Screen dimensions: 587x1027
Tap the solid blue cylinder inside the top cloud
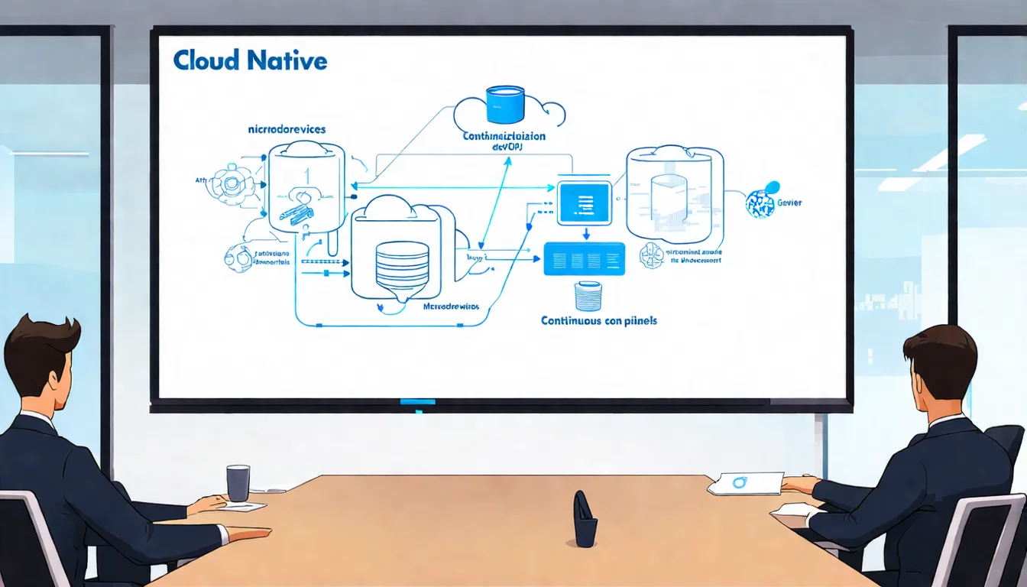tap(505, 105)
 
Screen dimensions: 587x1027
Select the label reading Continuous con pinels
tap(598, 321)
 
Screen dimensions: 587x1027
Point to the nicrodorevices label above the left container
tap(287, 129)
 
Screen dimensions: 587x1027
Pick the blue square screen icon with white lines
tap(584, 203)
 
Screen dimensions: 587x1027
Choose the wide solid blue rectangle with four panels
tap(584, 259)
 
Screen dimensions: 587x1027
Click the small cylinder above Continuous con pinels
tap(588, 296)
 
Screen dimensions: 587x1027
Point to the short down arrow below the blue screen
tap(585, 233)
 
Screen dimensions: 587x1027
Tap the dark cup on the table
tap(238, 483)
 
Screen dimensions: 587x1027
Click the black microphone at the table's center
tap(585, 520)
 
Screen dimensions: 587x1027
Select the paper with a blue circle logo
tap(745, 483)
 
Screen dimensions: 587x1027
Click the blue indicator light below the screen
tap(417, 401)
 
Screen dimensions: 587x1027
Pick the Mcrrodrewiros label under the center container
tap(451, 306)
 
